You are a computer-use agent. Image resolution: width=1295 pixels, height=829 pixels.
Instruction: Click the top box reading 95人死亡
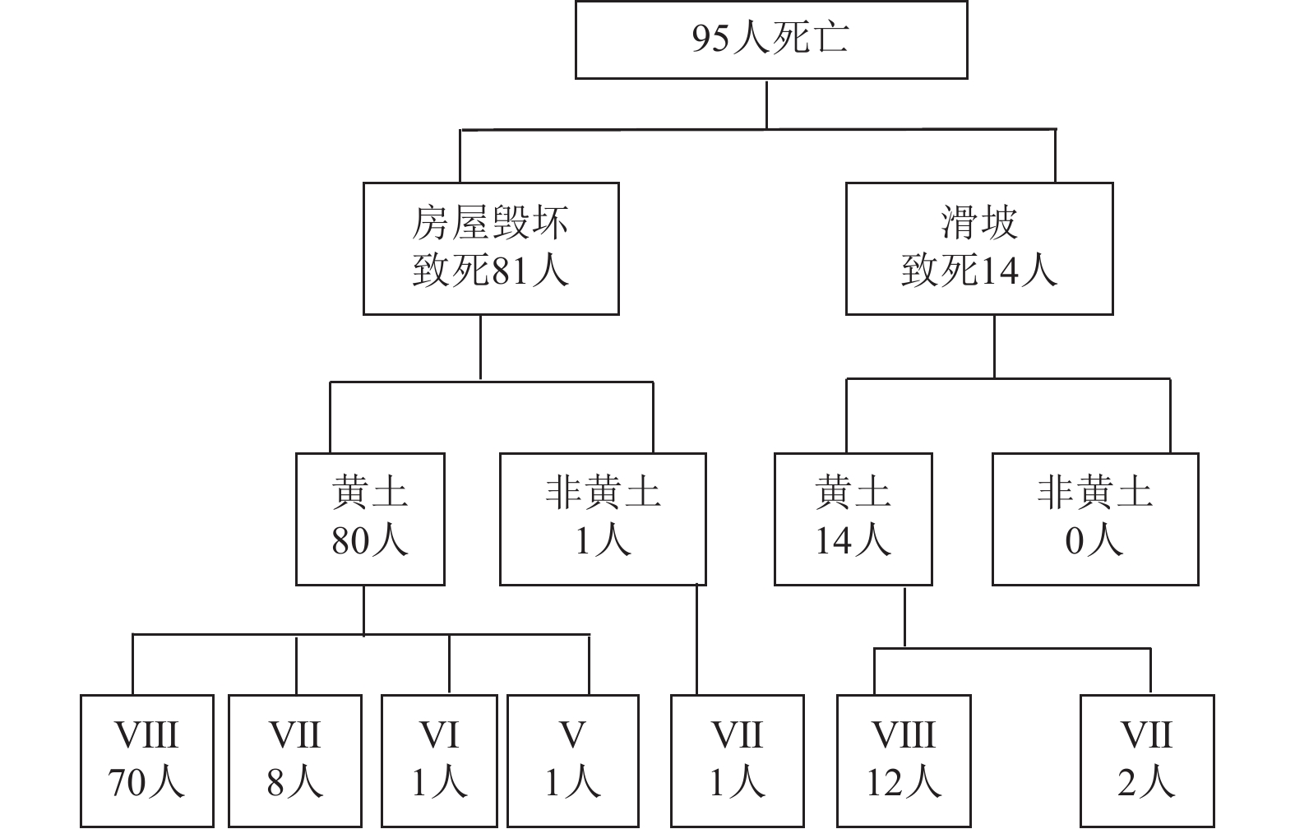coord(770,39)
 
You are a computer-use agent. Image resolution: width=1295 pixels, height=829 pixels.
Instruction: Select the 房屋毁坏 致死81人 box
coord(491,248)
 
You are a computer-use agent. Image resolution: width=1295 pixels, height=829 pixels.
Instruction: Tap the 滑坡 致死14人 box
coord(978,248)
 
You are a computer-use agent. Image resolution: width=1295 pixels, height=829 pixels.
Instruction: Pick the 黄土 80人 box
coord(370,518)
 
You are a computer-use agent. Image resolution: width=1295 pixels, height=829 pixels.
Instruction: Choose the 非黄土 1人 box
coord(603,518)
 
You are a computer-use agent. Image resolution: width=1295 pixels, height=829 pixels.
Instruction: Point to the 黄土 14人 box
coord(853,518)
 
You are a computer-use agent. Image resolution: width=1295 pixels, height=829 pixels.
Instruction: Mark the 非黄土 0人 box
coord(1094,518)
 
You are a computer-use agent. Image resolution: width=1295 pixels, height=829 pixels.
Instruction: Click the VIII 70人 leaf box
coord(146,760)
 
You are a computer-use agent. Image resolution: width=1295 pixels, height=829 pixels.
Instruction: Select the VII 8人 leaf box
coord(294,760)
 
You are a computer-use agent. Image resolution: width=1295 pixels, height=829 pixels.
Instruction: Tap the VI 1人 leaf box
coord(438,760)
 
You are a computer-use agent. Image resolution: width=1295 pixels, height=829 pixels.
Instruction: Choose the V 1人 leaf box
coord(572,760)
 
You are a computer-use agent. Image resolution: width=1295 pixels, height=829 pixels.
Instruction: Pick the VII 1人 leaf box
coord(737,760)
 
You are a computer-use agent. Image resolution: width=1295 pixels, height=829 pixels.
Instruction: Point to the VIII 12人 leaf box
coord(903,760)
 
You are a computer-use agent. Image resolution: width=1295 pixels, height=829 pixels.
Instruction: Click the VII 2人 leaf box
coord(1146,760)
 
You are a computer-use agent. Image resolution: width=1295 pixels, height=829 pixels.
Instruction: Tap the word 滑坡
coord(978,223)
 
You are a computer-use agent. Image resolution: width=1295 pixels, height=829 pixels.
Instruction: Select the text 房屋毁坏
coord(491,223)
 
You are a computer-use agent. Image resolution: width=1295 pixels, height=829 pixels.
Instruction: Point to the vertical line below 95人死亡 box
coord(767,104)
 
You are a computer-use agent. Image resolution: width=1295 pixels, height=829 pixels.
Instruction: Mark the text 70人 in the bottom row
coord(146,783)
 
